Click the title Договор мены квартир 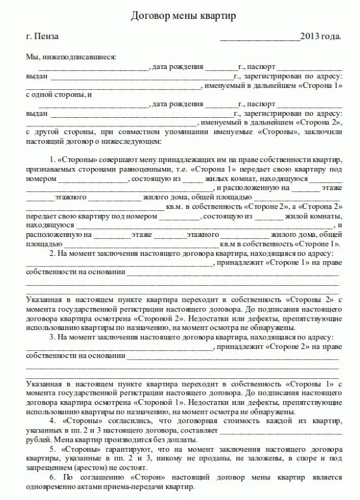[x=180, y=14]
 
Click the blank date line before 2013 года [x=259, y=38]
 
